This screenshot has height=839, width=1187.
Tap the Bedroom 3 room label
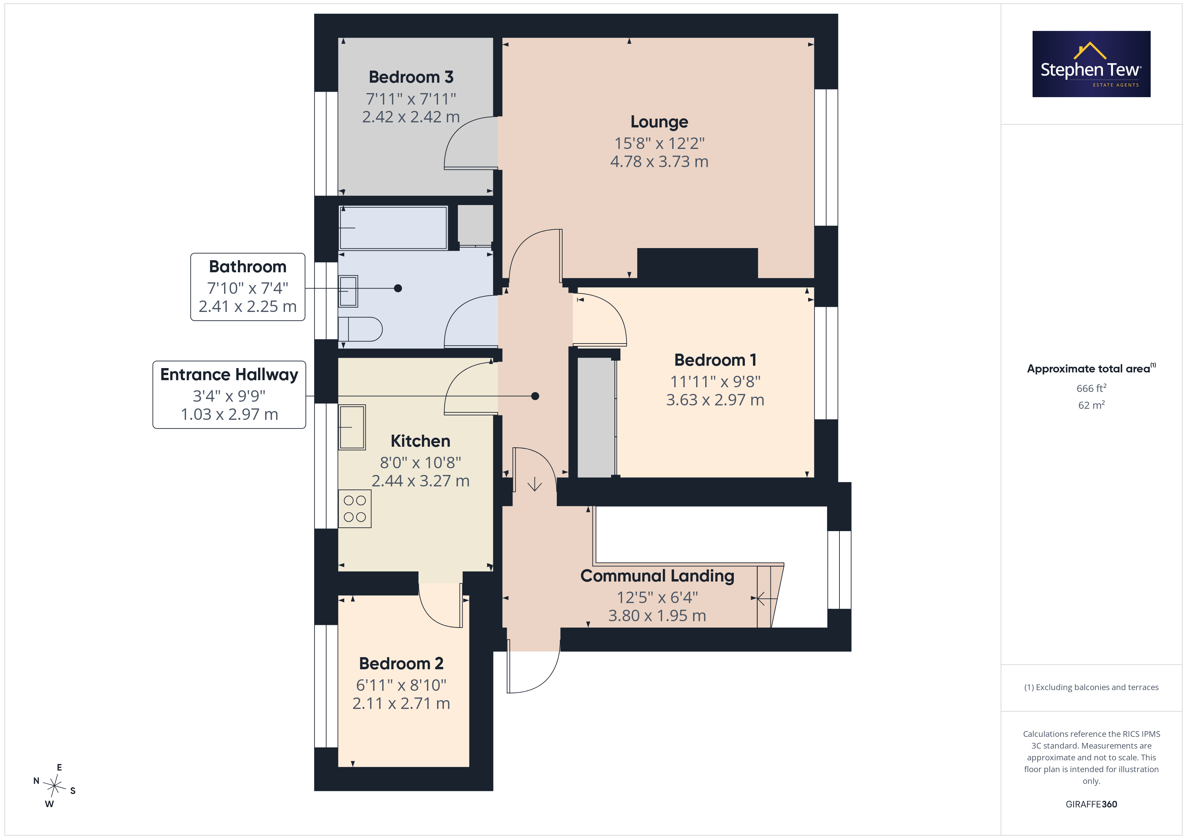click(411, 77)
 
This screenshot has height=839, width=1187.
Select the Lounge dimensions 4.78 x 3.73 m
click(659, 162)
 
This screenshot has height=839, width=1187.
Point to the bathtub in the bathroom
click(393, 228)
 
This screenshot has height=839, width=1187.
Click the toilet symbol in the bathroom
click(360, 329)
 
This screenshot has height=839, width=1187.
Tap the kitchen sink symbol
click(352, 427)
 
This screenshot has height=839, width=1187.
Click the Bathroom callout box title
click(248, 267)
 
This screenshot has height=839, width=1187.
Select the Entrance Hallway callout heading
click(229, 374)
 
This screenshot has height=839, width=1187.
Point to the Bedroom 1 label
click(715, 360)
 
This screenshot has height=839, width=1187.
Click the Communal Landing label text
click(657, 576)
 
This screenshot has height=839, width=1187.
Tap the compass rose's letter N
click(36, 781)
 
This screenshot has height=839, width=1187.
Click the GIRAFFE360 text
click(1091, 804)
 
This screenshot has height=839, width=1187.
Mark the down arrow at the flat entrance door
click(535, 484)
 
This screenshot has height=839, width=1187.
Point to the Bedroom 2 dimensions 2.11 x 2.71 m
click(401, 704)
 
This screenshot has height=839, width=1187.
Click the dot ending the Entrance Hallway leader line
click(535, 396)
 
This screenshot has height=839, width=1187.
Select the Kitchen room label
click(420, 441)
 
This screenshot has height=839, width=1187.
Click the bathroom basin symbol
click(348, 291)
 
